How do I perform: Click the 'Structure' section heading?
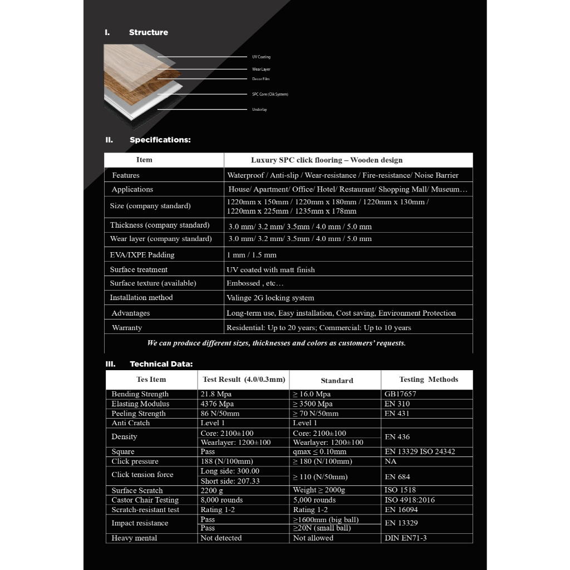tap(148, 32)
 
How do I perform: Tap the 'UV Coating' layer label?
tap(261, 57)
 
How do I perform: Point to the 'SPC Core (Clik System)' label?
tap(270, 95)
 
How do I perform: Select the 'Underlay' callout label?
tap(259, 110)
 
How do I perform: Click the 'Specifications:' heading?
tap(160, 140)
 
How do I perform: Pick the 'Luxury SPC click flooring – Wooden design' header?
tap(326, 160)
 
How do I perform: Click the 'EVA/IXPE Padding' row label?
tap(142, 255)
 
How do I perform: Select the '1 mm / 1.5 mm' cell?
tap(251, 255)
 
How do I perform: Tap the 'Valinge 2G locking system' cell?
tap(270, 298)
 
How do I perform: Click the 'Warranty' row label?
tap(127, 328)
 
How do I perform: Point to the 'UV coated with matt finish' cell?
tap(271, 269)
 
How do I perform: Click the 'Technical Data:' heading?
tap(161, 364)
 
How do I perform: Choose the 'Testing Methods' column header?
tap(428, 380)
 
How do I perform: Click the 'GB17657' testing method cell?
tap(400, 394)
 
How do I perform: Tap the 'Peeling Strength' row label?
tap(139, 414)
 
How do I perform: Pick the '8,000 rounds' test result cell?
tap(222, 500)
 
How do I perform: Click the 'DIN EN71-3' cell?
tap(406, 538)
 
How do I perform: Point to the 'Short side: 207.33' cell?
tap(230, 481)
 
